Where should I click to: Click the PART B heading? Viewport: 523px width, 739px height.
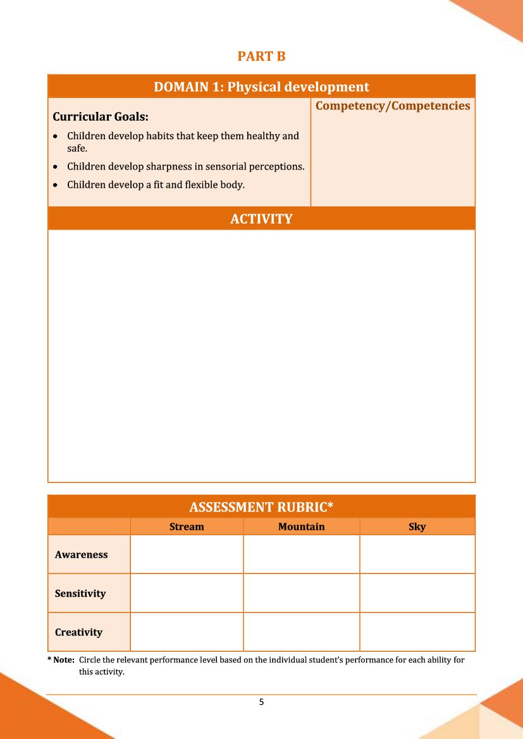(261, 57)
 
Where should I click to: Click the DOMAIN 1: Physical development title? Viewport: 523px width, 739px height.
(261, 87)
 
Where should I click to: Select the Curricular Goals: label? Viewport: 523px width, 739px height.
(101, 117)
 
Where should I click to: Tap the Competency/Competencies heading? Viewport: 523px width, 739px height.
(393, 106)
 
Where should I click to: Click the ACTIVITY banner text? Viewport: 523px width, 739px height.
(261, 219)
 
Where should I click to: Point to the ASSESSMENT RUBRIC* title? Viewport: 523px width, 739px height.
(261, 507)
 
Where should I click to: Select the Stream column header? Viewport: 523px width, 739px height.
(187, 527)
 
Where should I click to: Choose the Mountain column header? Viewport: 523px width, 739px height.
(301, 527)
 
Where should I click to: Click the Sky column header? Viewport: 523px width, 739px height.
(417, 527)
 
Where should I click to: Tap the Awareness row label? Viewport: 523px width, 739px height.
(81, 554)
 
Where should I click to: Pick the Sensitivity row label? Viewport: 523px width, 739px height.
(80, 594)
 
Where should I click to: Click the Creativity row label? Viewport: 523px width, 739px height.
(78, 632)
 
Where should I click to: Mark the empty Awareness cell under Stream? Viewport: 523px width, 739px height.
(187, 554)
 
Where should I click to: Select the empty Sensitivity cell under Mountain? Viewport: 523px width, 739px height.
(301, 594)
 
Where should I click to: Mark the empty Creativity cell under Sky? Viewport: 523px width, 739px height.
(417, 632)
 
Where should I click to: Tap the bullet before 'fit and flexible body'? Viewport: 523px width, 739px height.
(57, 185)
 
